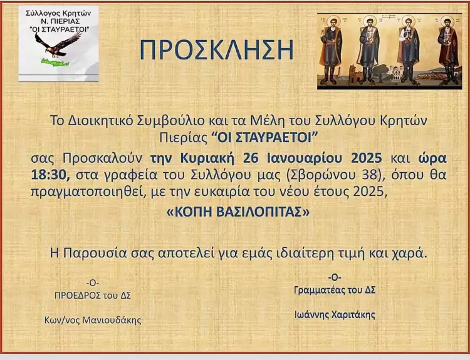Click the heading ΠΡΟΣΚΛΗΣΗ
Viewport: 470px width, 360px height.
tap(216, 50)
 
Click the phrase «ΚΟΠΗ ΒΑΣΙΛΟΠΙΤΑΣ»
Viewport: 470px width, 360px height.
tap(238, 212)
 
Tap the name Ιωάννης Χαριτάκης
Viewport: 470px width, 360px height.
tap(335, 315)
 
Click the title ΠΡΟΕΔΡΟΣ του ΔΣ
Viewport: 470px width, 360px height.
tap(93, 295)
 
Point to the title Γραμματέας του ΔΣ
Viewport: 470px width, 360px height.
tap(335, 290)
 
